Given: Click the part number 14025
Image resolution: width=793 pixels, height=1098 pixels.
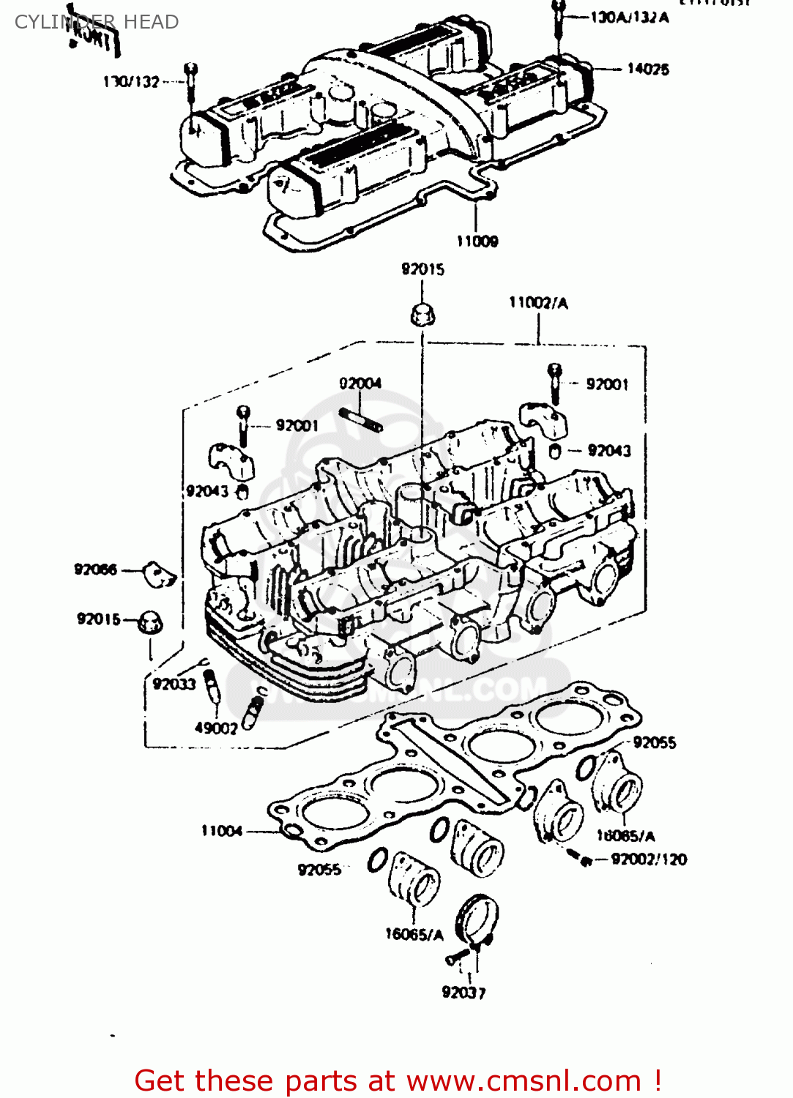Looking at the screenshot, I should [x=647, y=69].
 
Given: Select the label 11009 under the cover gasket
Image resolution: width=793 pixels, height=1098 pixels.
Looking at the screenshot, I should [x=477, y=241].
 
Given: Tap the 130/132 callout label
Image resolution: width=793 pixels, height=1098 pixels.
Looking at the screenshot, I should [x=131, y=81].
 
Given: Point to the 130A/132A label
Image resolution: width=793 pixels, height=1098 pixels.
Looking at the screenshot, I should [x=630, y=17].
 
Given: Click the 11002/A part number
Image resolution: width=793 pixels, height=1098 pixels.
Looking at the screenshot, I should [x=538, y=302].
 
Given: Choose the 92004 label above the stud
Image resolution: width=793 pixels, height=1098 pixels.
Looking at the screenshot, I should [x=360, y=383].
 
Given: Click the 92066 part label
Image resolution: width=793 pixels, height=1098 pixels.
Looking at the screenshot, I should [x=95, y=569].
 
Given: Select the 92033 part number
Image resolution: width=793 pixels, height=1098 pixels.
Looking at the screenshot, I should [x=174, y=684].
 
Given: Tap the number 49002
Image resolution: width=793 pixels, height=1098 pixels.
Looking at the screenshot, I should [x=216, y=728].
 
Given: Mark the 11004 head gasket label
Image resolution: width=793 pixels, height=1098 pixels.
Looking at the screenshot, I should [x=222, y=830].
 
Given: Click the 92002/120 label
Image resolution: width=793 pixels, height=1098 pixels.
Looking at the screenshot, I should [x=649, y=859].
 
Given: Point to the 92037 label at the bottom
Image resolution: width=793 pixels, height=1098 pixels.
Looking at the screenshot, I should [x=463, y=992].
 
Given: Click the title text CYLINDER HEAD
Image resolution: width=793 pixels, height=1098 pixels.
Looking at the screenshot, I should [x=97, y=22].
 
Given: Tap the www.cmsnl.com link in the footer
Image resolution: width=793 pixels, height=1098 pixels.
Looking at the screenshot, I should [x=524, y=1080].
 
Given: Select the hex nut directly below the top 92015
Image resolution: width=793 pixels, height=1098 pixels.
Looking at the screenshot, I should [x=422, y=315].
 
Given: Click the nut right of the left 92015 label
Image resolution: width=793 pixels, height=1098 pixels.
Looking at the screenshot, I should [x=150, y=622].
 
